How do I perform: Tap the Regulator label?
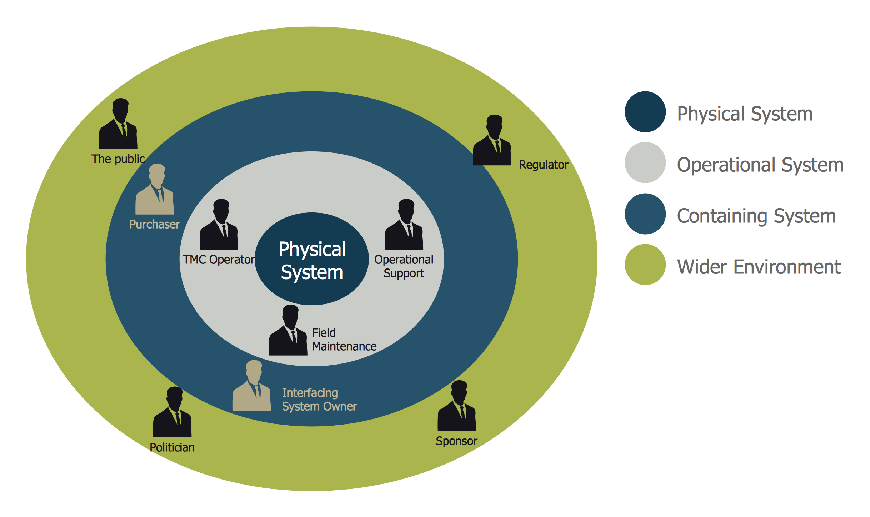[x=543, y=165]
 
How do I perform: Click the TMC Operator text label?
[x=219, y=260]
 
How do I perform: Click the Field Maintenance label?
[x=344, y=340]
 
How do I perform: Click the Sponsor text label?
[x=456, y=441]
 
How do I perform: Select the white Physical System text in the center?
[x=312, y=260]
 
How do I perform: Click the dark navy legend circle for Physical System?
[x=645, y=112]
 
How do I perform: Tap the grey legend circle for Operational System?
[x=645, y=163]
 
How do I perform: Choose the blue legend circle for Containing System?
[x=645, y=214]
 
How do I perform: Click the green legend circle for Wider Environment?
[x=645, y=265]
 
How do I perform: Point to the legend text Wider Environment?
[x=759, y=267]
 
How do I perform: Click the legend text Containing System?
[x=756, y=216]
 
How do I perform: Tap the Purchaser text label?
[x=154, y=224]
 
